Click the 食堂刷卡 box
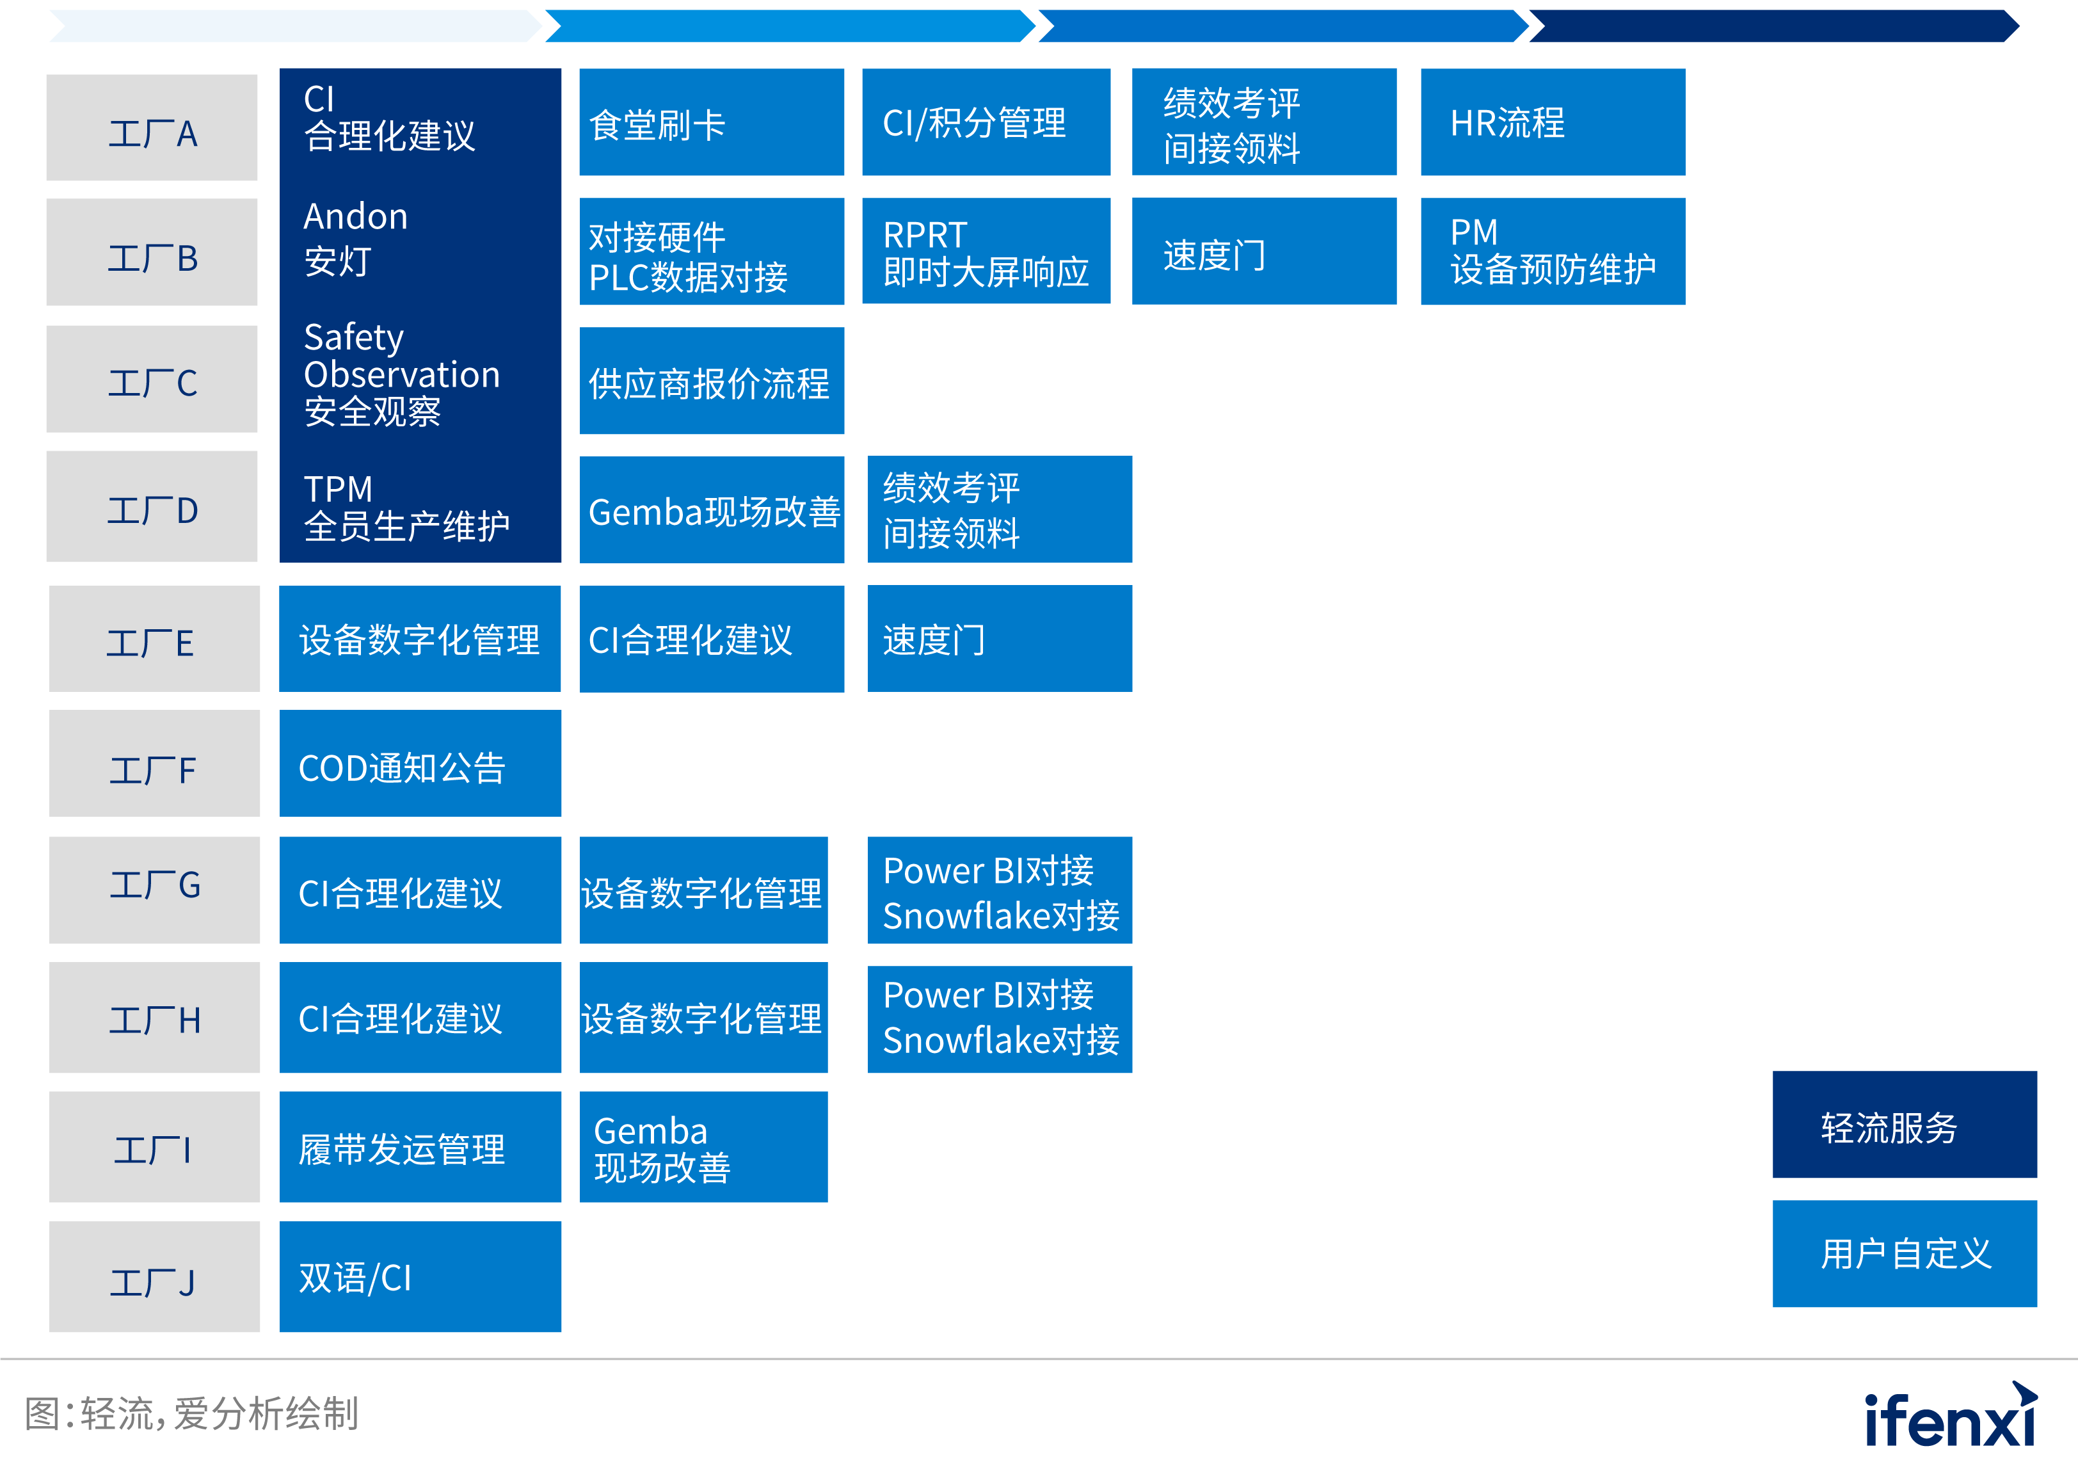pyautogui.click(x=712, y=122)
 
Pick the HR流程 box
pyautogui.click(x=1552, y=122)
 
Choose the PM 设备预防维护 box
pyautogui.click(x=1552, y=252)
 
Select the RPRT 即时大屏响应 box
pyautogui.click(x=986, y=252)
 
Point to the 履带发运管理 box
pyautogui.click(x=420, y=1147)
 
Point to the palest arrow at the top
pyautogui.click(x=295, y=26)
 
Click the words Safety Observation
pyautogui.click(x=401, y=356)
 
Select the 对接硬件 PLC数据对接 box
pyautogui.click(x=712, y=252)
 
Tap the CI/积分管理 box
pyautogui.click(x=986, y=122)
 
